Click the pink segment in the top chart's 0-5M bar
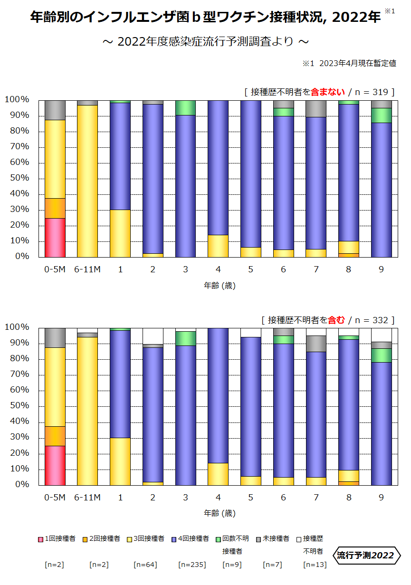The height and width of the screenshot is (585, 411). (55, 237)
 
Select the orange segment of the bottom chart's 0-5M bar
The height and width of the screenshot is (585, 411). (55, 436)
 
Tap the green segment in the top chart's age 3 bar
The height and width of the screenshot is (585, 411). (185, 108)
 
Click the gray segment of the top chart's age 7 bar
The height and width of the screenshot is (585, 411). (316, 109)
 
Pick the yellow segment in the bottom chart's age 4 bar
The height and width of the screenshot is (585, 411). (218, 474)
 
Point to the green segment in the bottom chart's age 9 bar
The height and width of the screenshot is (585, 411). (381, 355)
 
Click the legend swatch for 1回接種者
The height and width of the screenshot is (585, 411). (41, 539)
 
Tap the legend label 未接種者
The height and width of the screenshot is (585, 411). (276, 539)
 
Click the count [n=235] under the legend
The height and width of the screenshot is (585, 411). (191, 565)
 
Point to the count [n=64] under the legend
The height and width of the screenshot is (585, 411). (145, 565)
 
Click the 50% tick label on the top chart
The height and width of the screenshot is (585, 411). (17, 178)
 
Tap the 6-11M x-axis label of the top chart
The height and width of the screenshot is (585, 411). (87, 269)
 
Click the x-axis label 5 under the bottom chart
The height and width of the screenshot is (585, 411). (251, 498)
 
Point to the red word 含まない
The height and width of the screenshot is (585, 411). (328, 92)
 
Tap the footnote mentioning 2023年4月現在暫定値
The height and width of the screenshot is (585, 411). (349, 64)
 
